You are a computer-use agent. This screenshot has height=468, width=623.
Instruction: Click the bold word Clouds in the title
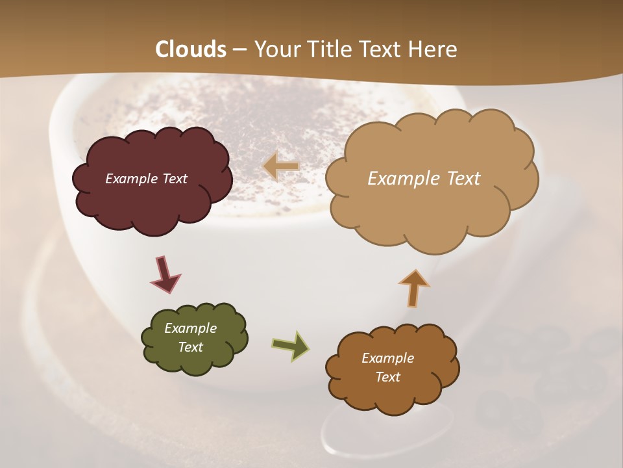(x=191, y=49)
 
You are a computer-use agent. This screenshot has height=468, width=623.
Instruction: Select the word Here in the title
(x=434, y=49)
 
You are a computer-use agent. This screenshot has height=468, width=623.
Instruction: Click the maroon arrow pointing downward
(x=165, y=273)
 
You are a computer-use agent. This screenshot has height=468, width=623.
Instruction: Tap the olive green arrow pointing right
(x=290, y=346)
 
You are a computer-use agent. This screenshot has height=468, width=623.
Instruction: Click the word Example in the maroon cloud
(x=132, y=179)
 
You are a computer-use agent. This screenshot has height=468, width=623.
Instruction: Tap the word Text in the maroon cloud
(x=174, y=179)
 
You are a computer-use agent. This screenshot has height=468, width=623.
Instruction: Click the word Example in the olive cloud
(x=190, y=328)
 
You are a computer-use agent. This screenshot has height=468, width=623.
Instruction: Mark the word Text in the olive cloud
(x=190, y=347)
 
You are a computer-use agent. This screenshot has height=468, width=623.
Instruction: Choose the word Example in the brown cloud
(x=387, y=358)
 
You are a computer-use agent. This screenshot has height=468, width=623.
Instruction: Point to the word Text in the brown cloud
(x=387, y=377)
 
